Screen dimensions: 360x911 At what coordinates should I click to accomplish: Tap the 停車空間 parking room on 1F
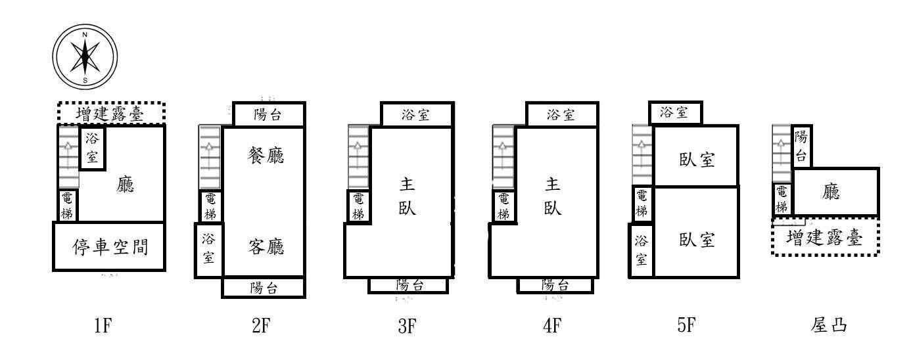[109, 247]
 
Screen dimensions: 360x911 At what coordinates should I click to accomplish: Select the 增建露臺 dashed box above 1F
[110, 114]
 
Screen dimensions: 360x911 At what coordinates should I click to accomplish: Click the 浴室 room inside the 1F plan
[92, 148]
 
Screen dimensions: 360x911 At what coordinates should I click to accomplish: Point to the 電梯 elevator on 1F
[68, 205]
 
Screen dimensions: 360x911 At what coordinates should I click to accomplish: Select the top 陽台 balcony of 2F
[268, 115]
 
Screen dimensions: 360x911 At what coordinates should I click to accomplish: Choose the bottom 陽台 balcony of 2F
[264, 288]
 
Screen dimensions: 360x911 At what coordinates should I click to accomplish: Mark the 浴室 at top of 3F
[415, 115]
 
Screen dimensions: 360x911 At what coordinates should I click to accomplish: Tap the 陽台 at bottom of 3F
[408, 284]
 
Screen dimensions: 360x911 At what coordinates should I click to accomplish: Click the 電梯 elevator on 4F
[503, 206]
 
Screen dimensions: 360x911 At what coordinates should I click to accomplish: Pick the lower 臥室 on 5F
[697, 240]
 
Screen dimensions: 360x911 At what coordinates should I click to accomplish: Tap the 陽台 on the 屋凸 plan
[801, 146]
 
